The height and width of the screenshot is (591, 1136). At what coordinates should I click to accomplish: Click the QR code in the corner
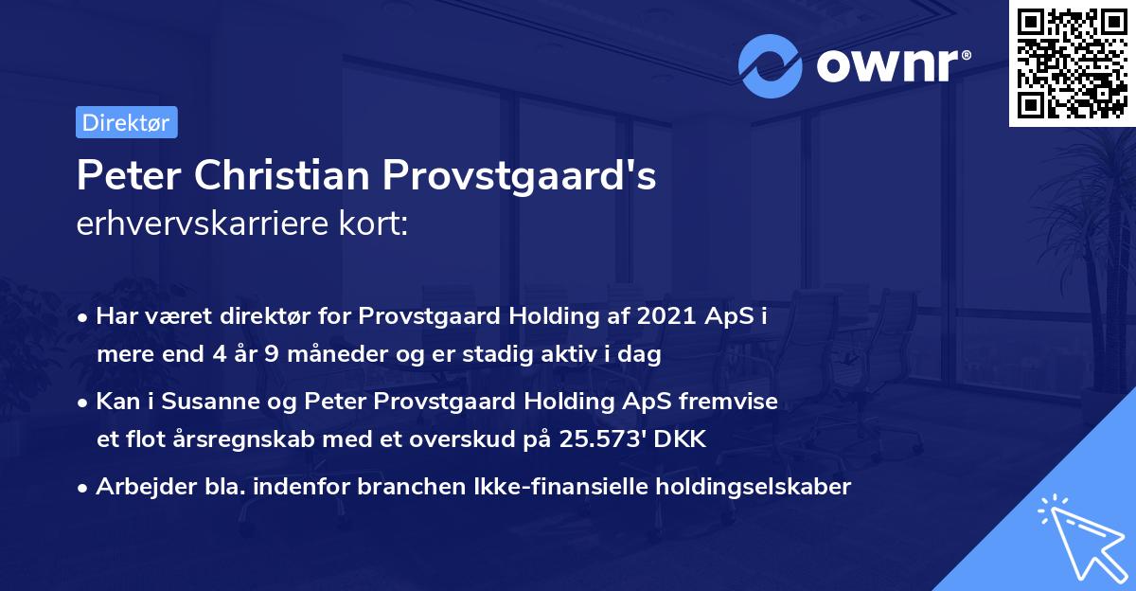[1072, 63]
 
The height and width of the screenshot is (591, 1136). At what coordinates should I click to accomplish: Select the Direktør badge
[126, 122]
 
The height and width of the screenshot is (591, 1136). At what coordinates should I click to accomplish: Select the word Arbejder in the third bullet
[137, 487]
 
